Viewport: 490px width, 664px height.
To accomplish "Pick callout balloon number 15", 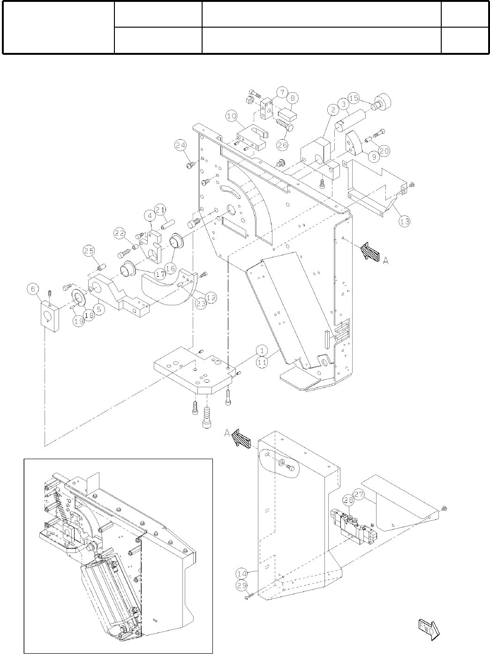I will pos(354,98).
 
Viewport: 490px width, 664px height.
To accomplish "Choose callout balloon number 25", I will pos(90,251).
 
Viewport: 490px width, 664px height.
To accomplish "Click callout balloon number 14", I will pos(241,572).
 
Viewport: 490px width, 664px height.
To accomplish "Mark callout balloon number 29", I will pos(241,585).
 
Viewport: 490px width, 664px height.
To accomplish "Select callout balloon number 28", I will pos(348,500).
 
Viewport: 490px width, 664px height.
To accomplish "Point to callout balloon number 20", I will pos(384,151).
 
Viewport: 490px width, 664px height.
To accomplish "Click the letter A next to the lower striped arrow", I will pos(227,434).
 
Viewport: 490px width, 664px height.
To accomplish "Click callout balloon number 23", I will pos(201,303).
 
